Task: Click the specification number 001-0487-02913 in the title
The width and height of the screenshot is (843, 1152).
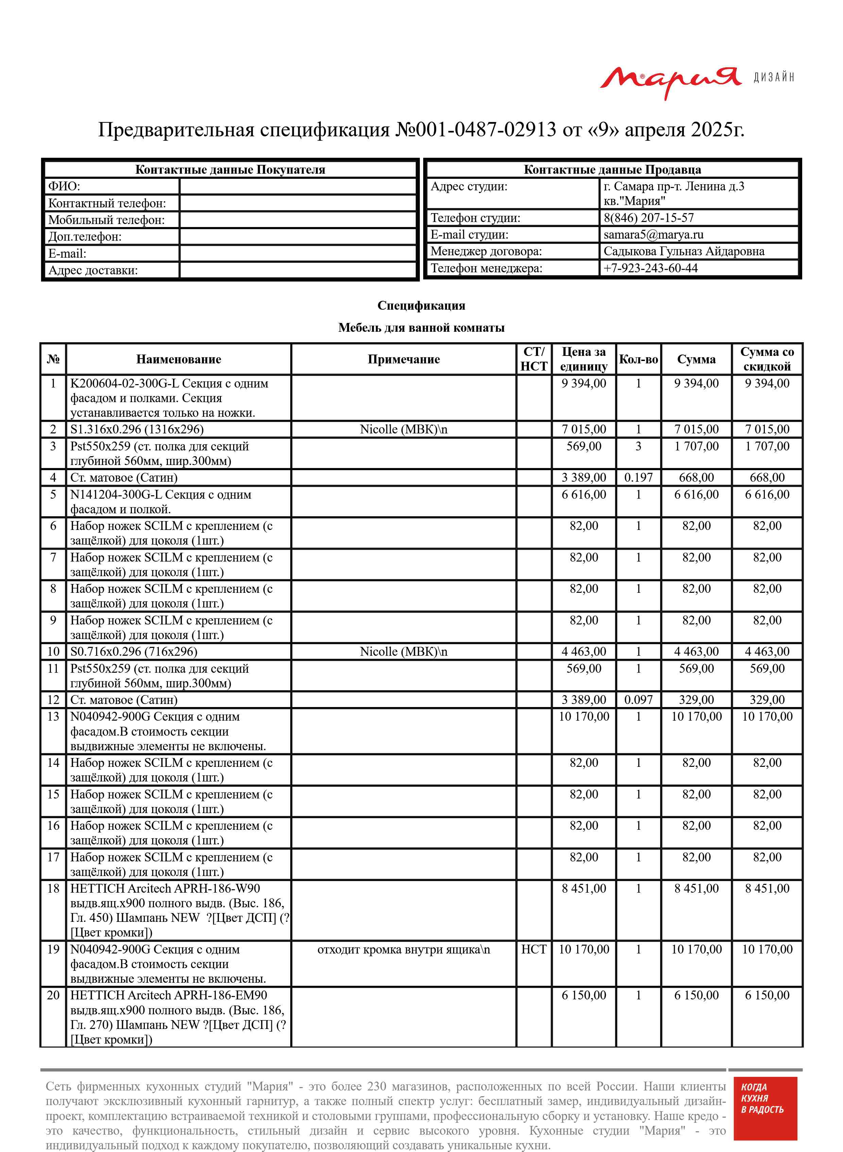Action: [485, 130]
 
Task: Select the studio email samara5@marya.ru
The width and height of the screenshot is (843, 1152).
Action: [653, 235]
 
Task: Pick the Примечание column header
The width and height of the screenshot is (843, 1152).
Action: [403, 359]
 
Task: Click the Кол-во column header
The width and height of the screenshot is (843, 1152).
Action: [638, 359]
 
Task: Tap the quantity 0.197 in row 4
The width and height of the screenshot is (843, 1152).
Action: [638, 478]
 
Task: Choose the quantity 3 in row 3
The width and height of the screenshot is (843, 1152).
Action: [638, 446]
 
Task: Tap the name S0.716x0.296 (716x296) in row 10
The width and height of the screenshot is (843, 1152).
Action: [134, 652]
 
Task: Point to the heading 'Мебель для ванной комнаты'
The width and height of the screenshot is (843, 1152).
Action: [421, 328]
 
